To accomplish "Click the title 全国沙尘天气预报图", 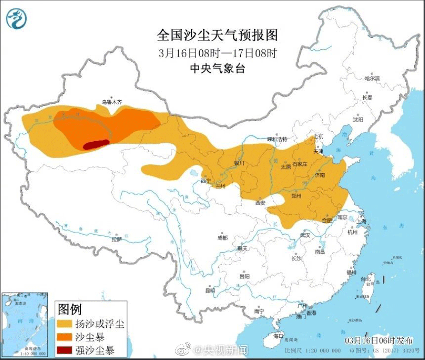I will [217, 36].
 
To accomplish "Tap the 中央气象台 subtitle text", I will [217, 69].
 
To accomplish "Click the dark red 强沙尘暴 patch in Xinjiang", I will [95, 144].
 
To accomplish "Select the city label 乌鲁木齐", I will [111, 102].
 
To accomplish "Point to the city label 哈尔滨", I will [372, 79].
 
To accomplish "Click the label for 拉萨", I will [116, 240].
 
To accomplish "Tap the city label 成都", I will [222, 238].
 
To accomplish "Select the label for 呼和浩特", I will [277, 140].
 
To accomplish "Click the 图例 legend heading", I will [70, 310].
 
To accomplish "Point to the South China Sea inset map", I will [25, 324].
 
